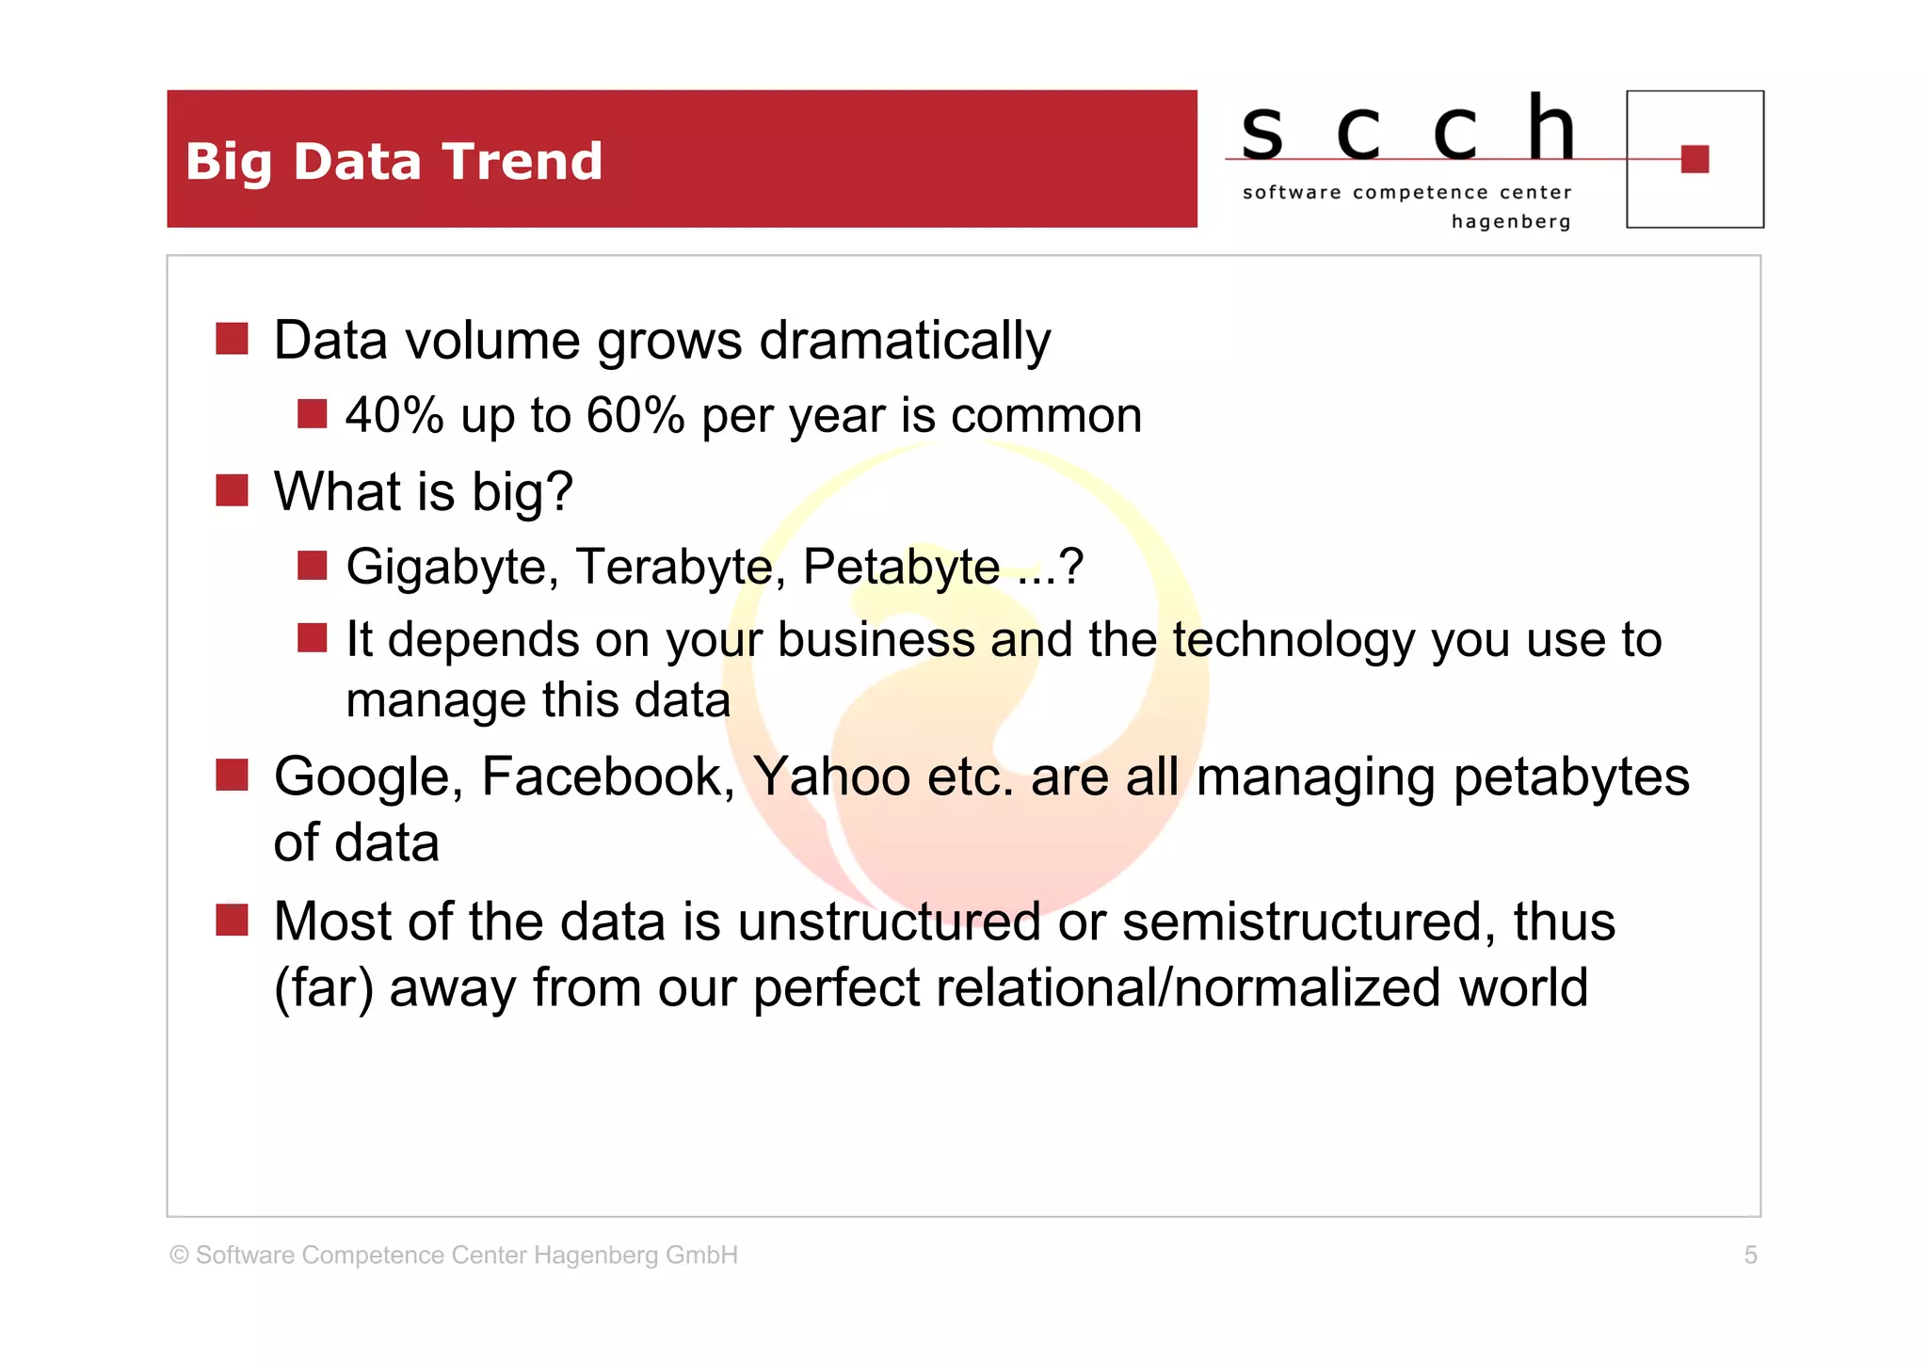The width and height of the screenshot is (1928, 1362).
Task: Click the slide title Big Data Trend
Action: pos(394,161)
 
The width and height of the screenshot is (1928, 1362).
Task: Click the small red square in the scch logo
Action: pos(1695,159)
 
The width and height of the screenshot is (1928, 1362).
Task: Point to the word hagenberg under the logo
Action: pos(1511,222)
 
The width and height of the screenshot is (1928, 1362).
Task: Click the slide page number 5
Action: pos(1750,1255)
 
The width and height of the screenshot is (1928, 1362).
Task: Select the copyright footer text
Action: pos(454,1255)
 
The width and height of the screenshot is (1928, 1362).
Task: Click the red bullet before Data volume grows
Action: pos(232,339)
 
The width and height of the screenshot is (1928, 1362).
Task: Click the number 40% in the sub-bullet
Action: pos(394,415)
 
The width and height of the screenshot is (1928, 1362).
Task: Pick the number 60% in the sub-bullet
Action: pos(635,415)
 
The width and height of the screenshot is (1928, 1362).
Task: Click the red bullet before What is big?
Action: pos(232,490)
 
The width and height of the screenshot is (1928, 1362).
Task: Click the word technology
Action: pos(1293,640)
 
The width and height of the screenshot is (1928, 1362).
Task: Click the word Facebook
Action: pos(608,777)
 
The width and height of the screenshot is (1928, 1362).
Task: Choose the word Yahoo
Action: pos(831,777)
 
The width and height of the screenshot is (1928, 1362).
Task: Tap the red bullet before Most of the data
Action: pos(232,920)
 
